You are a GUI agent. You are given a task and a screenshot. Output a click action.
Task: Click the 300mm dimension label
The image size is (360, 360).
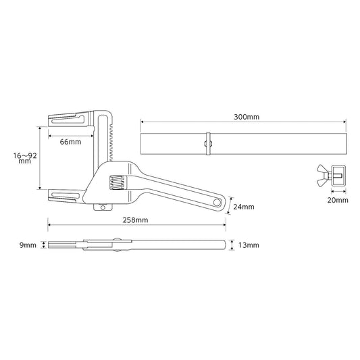tap(247, 117)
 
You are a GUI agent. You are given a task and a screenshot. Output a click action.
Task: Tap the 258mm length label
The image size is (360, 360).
tap(135, 220)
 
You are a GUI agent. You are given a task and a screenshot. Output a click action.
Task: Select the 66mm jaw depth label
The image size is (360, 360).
tap(70, 142)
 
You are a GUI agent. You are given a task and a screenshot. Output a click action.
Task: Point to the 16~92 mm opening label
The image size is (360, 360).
tap(25, 158)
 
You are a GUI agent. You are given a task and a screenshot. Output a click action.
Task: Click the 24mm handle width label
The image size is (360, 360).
tap(244, 207)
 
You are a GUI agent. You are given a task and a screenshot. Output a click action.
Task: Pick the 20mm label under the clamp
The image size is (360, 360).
tap(338, 200)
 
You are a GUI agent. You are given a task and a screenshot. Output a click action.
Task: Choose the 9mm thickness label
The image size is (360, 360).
tap(28, 245)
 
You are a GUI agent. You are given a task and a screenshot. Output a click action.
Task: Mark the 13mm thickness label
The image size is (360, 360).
tap(249, 245)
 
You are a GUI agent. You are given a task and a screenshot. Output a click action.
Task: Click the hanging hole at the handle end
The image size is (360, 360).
tap(217, 203)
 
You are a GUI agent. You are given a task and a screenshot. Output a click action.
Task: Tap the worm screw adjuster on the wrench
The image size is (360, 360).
tap(117, 183)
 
